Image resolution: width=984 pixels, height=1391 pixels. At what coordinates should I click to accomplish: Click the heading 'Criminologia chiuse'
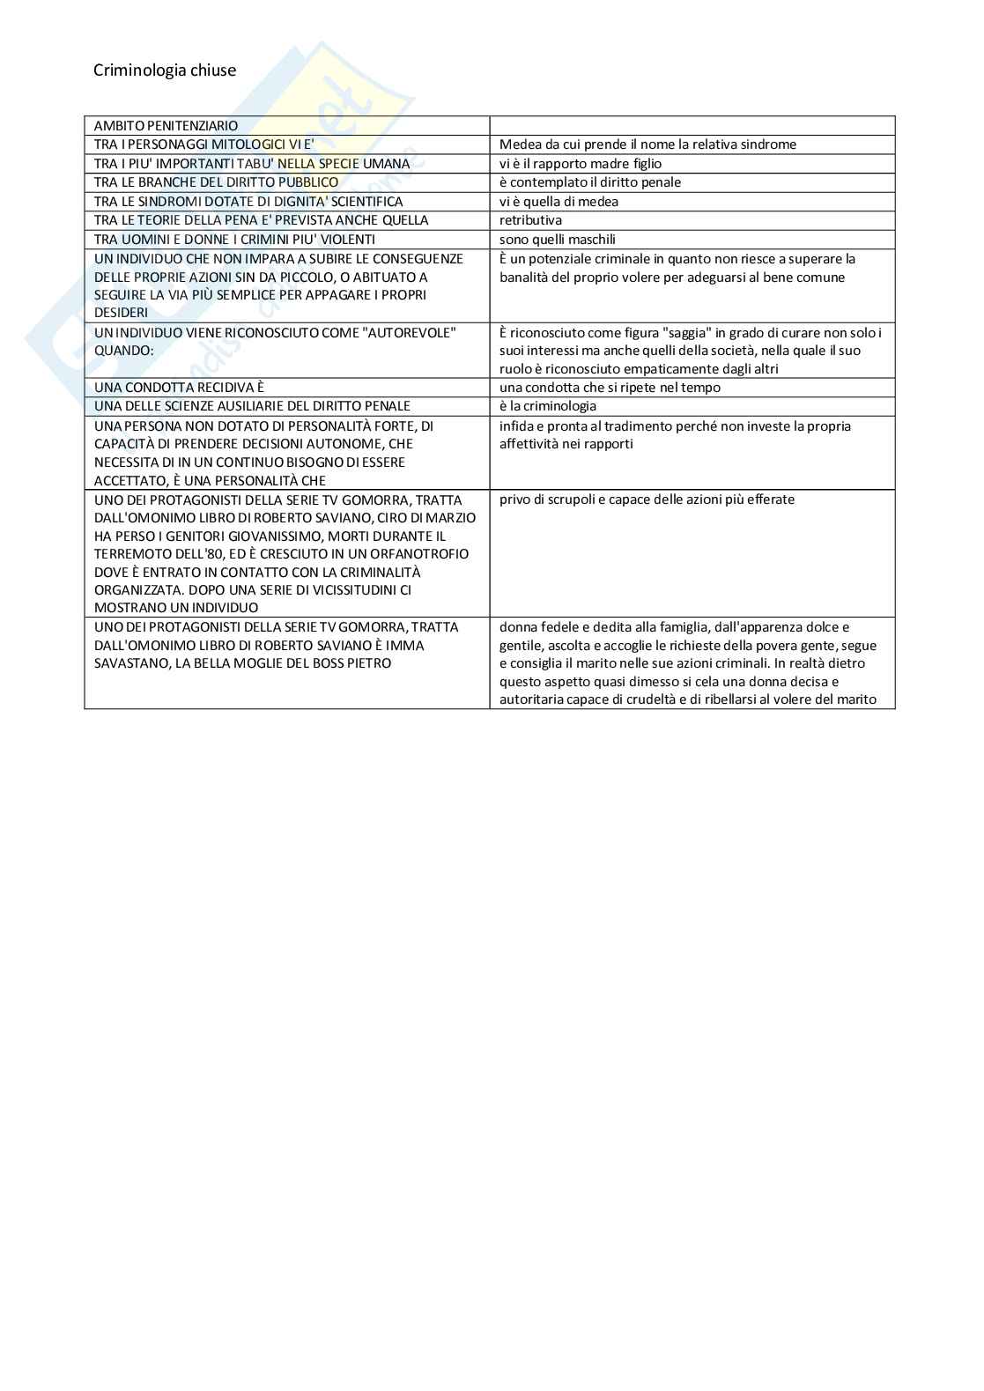(x=165, y=70)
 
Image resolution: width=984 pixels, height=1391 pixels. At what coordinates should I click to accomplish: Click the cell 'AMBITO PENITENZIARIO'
(x=166, y=125)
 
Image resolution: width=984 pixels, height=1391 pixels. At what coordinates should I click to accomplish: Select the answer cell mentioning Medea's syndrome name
(x=647, y=144)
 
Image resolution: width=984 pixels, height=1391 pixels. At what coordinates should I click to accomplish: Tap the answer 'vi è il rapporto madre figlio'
(x=580, y=163)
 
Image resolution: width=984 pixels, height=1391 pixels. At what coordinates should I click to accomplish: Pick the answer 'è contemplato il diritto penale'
(x=589, y=182)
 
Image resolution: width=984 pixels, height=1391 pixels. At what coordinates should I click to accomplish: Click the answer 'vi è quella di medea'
(x=559, y=202)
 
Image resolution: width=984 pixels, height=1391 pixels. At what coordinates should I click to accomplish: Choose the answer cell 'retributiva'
(x=530, y=220)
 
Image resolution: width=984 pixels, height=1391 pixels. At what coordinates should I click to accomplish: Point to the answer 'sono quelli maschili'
(x=557, y=240)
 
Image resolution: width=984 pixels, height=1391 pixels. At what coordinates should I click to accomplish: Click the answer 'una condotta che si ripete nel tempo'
(x=610, y=388)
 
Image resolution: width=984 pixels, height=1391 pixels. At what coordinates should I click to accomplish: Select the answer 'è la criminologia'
(x=547, y=406)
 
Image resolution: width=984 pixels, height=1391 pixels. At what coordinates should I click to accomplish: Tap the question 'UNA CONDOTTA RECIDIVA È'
(x=179, y=388)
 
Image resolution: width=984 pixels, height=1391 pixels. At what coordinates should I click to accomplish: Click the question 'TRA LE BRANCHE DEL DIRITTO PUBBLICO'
(x=216, y=182)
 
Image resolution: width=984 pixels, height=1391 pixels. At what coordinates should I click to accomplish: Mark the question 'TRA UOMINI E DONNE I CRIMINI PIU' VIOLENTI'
(x=234, y=240)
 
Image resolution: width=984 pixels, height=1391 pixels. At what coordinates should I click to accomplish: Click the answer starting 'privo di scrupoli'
(x=647, y=499)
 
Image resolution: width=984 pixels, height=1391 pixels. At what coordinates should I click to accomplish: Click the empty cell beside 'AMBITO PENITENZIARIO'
(x=692, y=125)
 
